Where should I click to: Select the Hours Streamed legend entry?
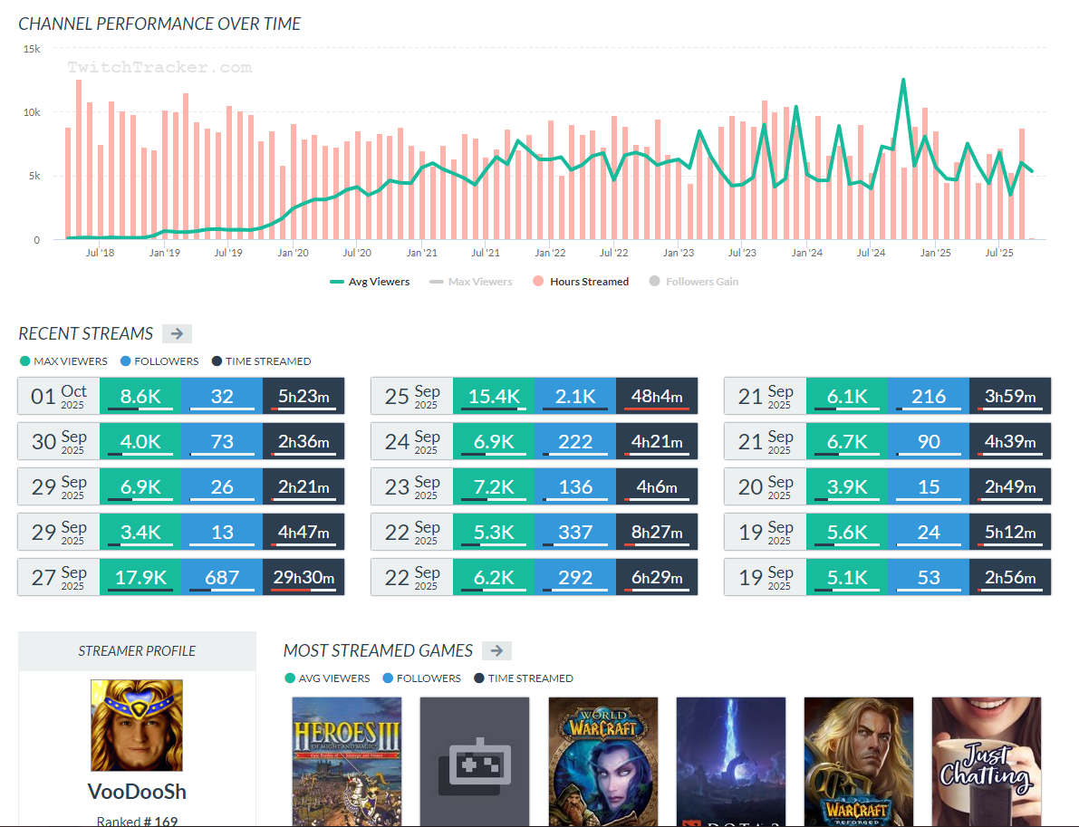[x=582, y=282]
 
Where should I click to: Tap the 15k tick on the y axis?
[x=32, y=49]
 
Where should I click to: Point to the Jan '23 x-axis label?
[x=678, y=254]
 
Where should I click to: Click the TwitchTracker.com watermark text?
[x=159, y=68]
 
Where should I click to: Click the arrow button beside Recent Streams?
[x=177, y=333]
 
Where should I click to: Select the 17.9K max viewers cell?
[x=140, y=577]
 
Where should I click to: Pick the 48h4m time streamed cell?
[x=657, y=396]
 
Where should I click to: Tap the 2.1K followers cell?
[x=575, y=396]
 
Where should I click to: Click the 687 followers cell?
[x=222, y=577]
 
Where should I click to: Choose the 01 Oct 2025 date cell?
[x=59, y=396]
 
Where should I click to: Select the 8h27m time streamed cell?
[x=657, y=532]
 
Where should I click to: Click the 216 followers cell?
[x=929, y=396]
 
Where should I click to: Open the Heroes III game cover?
[x=347, y=761]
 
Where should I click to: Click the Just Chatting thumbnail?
[x=987, y=761]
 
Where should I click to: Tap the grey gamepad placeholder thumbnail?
[x=475, y=761]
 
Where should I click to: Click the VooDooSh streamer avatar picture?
[x=137, y=726]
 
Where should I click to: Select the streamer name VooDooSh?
[x=137, y=792]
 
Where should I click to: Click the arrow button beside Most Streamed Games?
[x=496, y=650]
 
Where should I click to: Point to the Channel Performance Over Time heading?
[x=160, y=24]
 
